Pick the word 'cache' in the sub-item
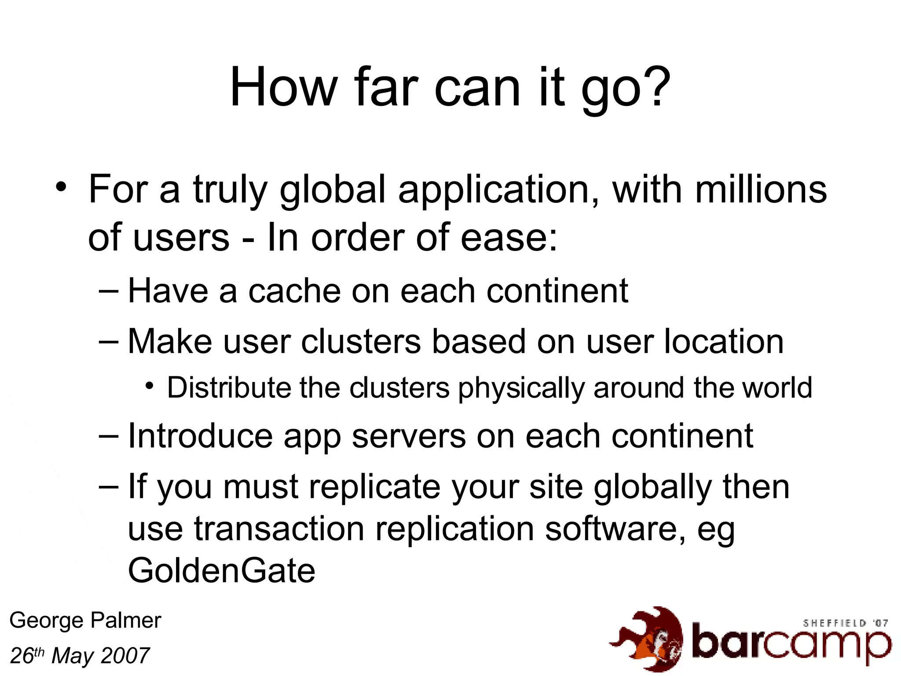[294, 291]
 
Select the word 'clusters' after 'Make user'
[361, 342]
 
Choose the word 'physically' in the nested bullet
[521, 388]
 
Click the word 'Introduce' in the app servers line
[200, 436]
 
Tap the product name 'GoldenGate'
[222, 570]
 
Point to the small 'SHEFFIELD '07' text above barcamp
[845, 623]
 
